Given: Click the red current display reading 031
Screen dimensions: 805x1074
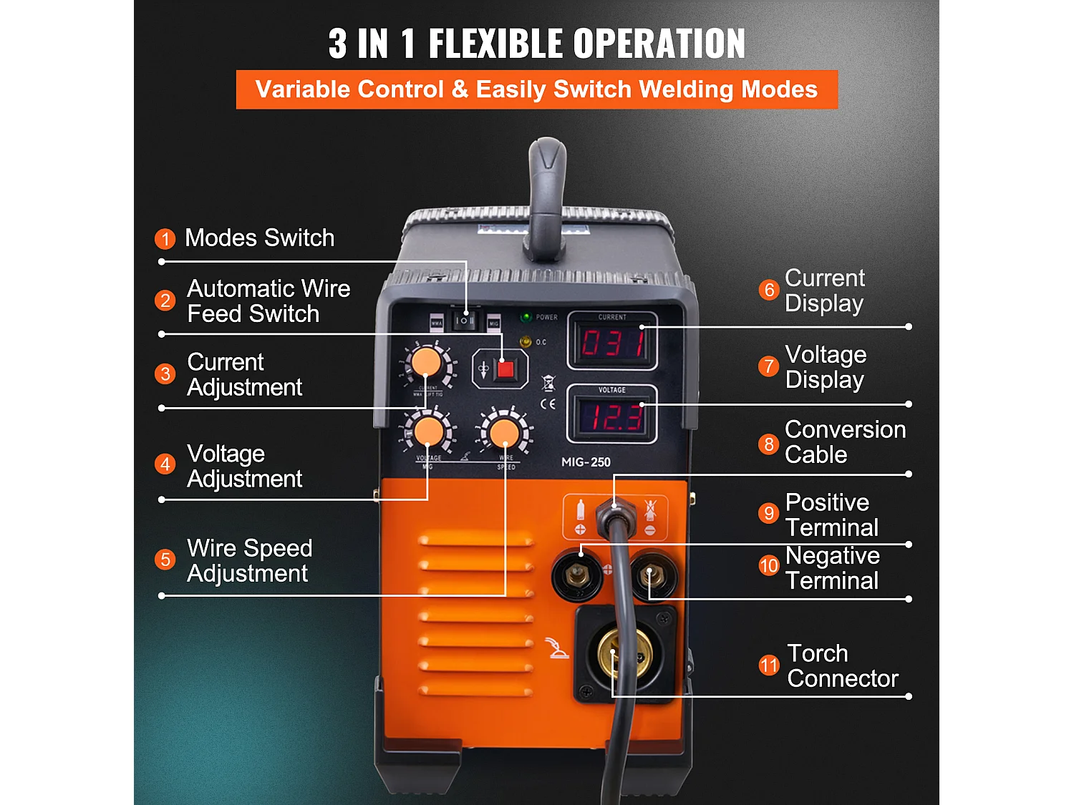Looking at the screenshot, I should (613, 343).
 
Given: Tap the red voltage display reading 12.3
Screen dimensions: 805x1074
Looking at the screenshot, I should (613, 416).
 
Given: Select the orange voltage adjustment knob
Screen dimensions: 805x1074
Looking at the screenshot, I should (429, 432).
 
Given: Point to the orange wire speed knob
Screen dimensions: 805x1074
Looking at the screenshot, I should (504, 432).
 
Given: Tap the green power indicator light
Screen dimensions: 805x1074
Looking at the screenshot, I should (526, 317).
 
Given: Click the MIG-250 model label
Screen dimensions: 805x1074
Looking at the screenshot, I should (586, 462).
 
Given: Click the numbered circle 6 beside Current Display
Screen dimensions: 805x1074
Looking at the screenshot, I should (768, 290).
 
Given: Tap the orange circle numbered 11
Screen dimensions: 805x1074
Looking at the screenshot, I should (768, 665).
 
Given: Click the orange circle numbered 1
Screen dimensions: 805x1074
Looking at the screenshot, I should (165, 239).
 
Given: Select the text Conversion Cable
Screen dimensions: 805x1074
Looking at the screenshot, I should (845, 442).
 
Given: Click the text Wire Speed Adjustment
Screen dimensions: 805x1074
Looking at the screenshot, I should (249, 561).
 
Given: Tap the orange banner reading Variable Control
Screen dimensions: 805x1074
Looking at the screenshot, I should (536, 89).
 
